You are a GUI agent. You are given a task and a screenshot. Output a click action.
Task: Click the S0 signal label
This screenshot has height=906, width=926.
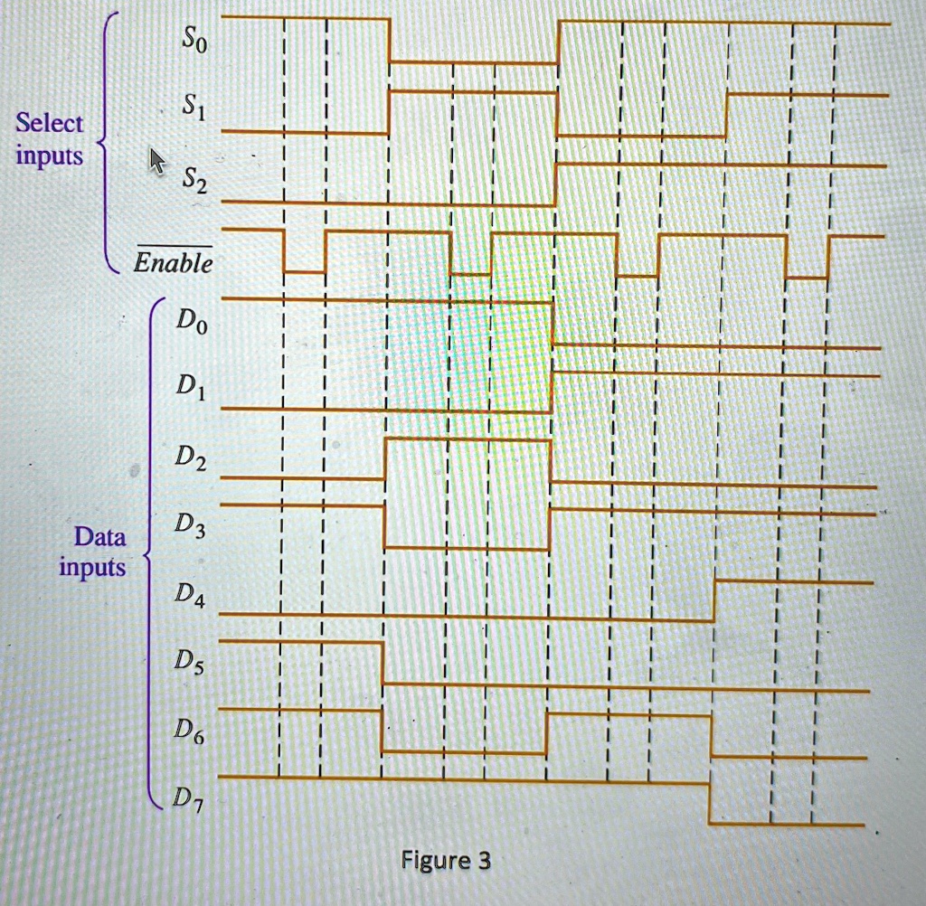click(194, 41)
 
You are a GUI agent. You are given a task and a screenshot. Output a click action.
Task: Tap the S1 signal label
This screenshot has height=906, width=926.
click(194, 108)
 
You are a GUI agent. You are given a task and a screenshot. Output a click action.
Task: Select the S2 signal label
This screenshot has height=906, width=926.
click(194, 180)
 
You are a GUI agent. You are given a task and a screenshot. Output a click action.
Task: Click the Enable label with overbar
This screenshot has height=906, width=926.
click(174, 260)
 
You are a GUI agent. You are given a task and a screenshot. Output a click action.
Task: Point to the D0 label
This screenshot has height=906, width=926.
click(192, 322)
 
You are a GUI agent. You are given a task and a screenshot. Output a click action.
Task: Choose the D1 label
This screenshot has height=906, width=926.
click(192, 387)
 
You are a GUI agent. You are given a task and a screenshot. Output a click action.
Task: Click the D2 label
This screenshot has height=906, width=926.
click(191, 458)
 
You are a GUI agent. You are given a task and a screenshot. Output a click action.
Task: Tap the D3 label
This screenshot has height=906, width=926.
click(190, 525)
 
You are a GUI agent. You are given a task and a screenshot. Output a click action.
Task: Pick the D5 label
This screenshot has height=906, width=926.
click(189, 661)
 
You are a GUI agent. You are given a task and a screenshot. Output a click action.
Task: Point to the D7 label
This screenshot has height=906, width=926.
click(188, 799)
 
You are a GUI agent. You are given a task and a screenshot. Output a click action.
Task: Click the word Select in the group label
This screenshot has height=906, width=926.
click(50, 123)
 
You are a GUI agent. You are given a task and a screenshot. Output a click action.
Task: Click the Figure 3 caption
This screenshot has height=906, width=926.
click(446, 861)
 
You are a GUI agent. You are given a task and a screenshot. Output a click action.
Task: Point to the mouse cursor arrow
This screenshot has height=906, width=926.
click(157, 161)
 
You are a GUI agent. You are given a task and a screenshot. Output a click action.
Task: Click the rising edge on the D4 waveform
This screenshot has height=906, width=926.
click(714, 600)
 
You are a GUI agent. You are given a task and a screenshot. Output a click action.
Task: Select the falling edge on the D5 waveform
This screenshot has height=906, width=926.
click(383, 664)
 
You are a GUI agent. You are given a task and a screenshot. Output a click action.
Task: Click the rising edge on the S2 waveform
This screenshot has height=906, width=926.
click(556, 184)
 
